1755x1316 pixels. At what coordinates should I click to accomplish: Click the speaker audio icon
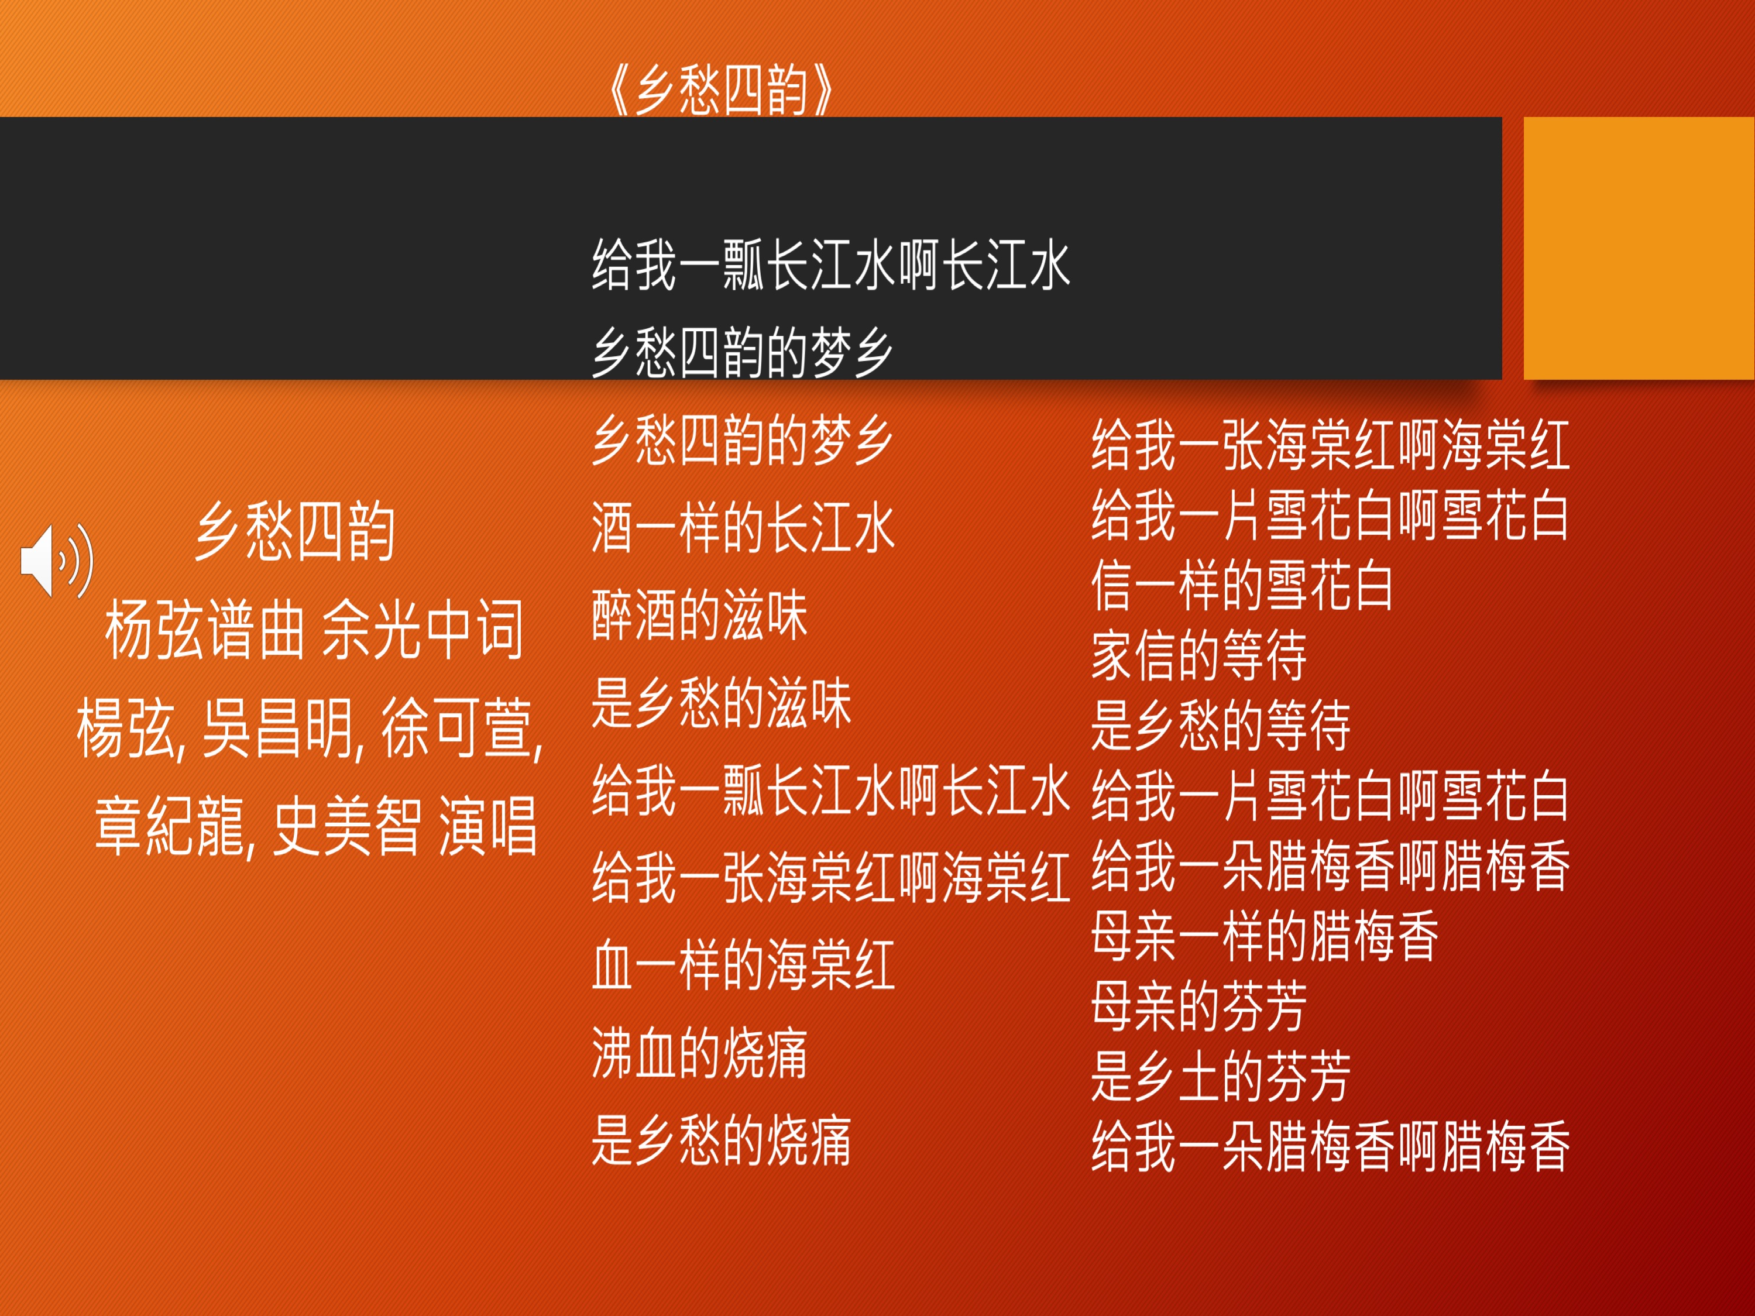coord(56,560)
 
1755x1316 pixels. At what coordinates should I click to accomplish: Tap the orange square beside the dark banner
coord(1639,248)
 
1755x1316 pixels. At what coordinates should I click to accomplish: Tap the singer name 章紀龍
coord(174,827)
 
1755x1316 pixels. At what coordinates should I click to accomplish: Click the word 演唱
coord(488,827)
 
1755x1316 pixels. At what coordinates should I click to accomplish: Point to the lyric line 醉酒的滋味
coord(700,616)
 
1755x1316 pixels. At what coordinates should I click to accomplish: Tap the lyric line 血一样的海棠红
coord(743,965)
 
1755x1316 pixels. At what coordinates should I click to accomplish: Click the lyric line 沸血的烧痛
coord(700,1053)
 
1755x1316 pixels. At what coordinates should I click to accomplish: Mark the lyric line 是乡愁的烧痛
coord(722,1140)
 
